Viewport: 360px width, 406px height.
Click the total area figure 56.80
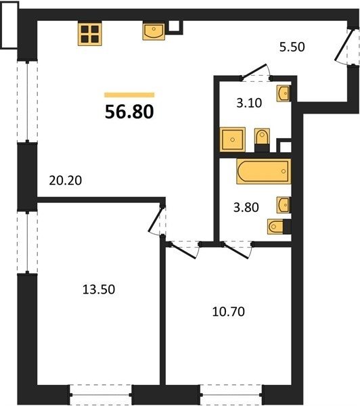[x=129, y=112]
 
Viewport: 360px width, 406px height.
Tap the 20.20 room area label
[x=65, y=181]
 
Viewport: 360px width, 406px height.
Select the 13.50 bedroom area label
[x=99, y=289]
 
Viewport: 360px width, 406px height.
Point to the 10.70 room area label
[x=229, y=311]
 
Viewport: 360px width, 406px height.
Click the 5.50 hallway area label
[x=292, y=47]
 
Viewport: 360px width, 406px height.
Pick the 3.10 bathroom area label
[x=249, y=103]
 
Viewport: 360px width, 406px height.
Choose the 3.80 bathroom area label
[x=246, y=208]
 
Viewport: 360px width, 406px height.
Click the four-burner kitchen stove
[x=89, y=34]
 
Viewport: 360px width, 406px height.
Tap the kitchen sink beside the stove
[x=154, y=31]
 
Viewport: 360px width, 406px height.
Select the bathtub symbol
[x=264, y=171]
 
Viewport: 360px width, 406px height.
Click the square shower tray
[x=232, y=139]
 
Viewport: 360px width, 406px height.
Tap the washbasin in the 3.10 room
[x=283, y=93]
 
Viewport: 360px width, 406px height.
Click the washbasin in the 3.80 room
[x=283, y=205]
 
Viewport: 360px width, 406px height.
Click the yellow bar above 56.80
[x=129, y=95]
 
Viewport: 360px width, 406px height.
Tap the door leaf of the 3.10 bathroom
[x=254, y=70]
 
